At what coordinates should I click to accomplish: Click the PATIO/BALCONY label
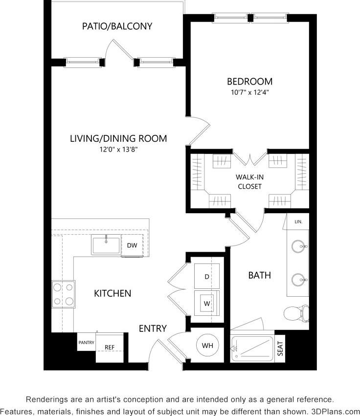tap(117, 26)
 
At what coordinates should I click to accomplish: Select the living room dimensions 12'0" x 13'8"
tap(118, 150)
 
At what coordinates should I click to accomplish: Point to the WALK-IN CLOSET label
tap(249, 181)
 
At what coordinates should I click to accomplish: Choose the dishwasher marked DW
tap(132, 245)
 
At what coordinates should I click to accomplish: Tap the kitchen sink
tap(106, 244)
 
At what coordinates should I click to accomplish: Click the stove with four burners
tap(63, 294)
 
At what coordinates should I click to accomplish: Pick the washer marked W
tap(206, 304)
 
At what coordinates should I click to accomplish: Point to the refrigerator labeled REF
tap(110, 348)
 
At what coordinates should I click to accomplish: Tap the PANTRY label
tap(86, 343)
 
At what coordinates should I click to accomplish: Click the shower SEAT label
tap(280, 349)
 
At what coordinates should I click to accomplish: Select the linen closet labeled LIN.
tap(298, 221)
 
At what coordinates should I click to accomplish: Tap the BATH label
tap(259, 275)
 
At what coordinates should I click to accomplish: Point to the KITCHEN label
tap(112, 293)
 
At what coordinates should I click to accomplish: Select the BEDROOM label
tap(249, 82)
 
